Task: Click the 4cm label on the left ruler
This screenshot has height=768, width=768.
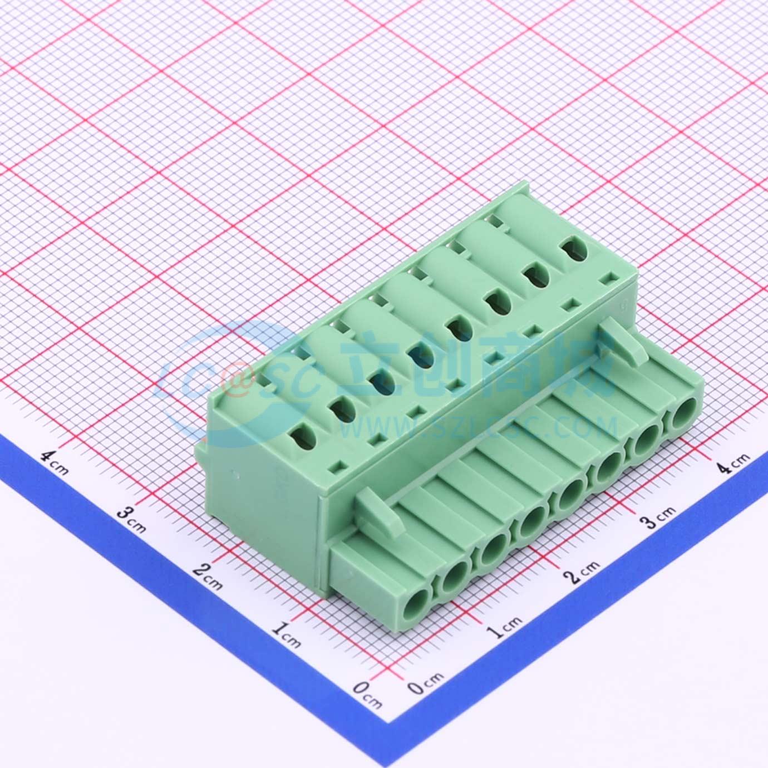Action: click(x=55, y=464)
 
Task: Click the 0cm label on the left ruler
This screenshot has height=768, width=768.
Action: click(x=367, y=697)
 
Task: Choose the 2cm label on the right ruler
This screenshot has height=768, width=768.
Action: click(x=583, y=574)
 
